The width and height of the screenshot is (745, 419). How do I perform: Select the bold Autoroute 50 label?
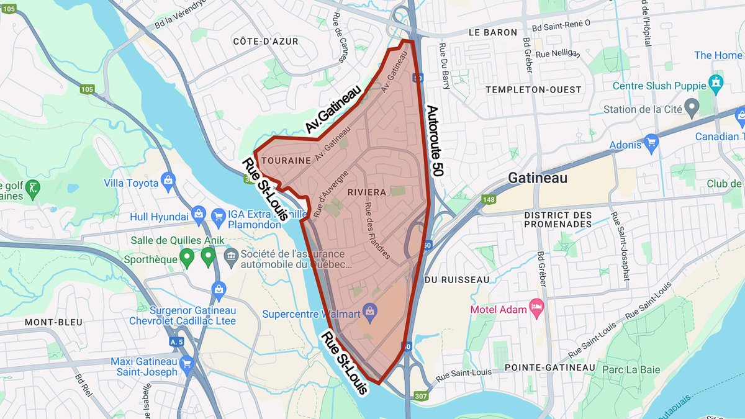tap(434, 140)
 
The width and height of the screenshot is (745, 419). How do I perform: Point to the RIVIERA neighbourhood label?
tap(367, 192)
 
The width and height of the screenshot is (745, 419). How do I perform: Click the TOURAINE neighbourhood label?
tap(286, 161)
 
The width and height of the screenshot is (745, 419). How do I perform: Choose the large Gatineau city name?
tap(538, 178)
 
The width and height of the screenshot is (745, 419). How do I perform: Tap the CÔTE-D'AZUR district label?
tap(266, 42)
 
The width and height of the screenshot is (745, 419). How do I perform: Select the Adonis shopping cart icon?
tap(651, 144)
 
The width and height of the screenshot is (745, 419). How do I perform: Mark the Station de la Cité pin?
tap(692, 109)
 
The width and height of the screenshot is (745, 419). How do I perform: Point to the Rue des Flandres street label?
tap(377, 231)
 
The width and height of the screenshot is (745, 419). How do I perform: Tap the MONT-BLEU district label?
tap(50, 323)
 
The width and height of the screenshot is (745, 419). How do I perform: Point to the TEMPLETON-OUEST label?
tap(533, 90)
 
